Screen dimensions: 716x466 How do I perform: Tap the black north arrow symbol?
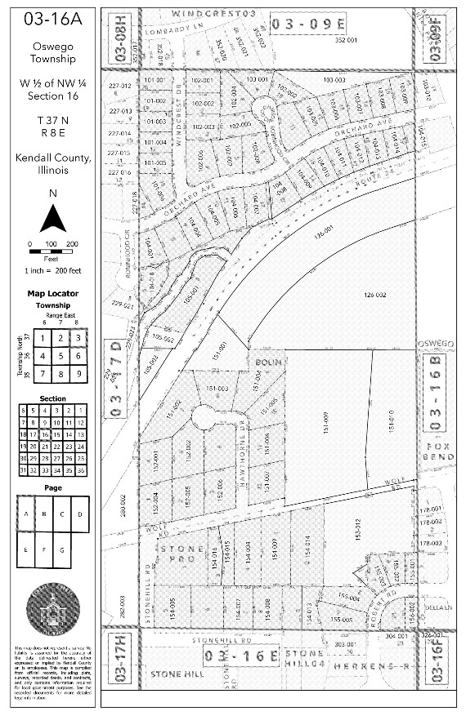pyautogui.click(x=52, y=218)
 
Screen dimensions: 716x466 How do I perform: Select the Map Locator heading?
pyautogui.click(x=52, y=293)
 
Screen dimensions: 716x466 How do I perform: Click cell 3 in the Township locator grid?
pyautogui.click(x=76, y=336)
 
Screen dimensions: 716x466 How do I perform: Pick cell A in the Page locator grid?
pyautogui.click(x=26, y=514)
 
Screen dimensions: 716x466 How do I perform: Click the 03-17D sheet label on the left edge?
pyautogui.click(x=116, y=379)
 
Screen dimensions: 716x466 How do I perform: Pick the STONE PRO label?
pyautogui.click(x=181, y=554)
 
